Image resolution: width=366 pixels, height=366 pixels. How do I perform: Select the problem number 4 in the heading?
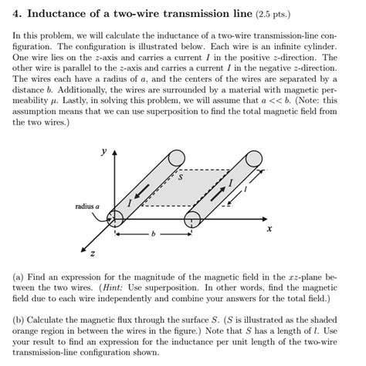[x=19, y=12]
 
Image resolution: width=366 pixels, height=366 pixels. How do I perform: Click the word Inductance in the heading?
[x=63, y=12]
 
